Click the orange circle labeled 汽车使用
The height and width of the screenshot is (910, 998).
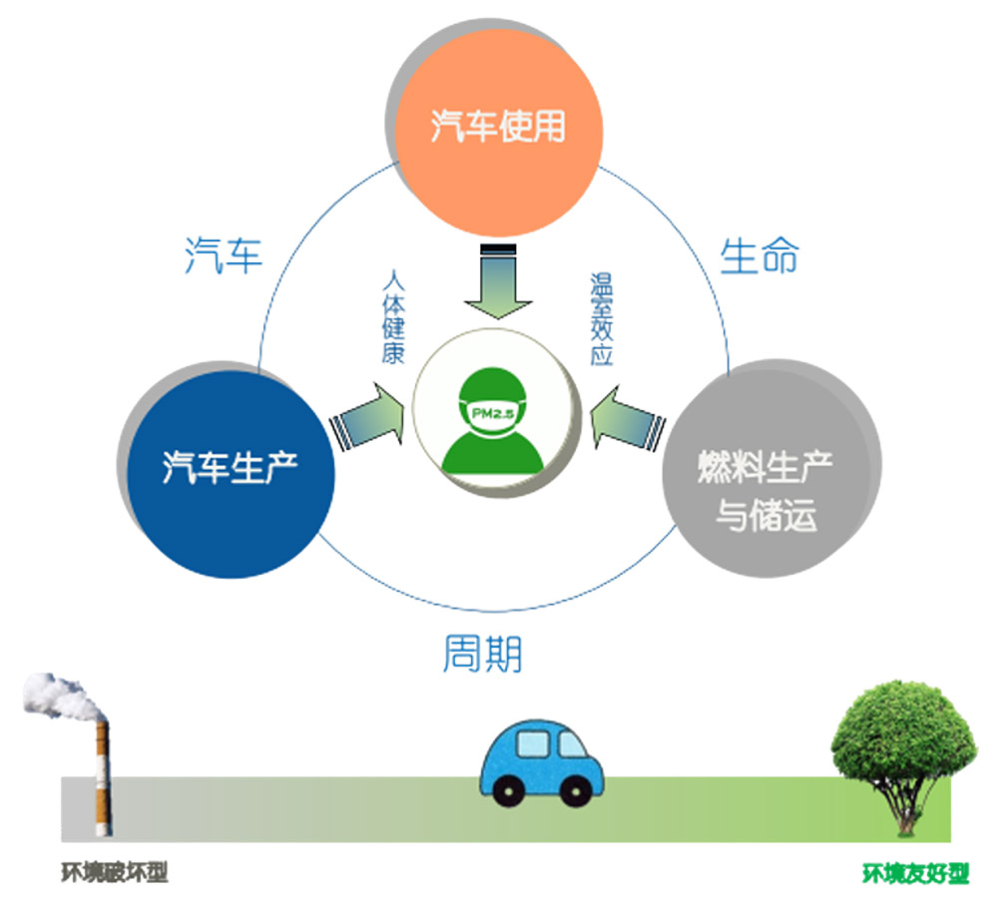point(499,126)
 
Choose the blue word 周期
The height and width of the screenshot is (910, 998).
point(482,654)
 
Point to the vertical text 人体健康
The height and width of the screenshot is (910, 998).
point(393,316)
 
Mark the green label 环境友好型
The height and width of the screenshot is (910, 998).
point(915,874)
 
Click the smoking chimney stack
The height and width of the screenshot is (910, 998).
point(102,778)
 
